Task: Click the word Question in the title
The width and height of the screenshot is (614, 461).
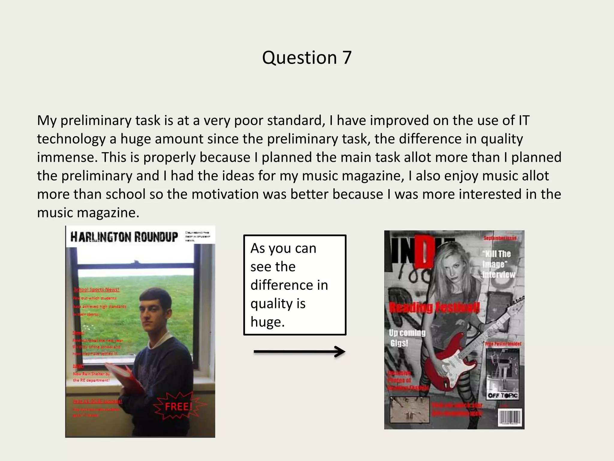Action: (x=299, y=58)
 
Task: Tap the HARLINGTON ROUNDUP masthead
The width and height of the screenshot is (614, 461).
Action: (x=124, y=237)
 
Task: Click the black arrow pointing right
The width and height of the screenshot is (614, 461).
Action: (x=299, y=352)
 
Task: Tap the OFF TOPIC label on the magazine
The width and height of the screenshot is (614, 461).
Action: (x=502, y=395)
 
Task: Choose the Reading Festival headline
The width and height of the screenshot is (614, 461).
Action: (x=434, y=308)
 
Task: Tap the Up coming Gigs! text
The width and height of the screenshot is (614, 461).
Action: (x=407, y=338)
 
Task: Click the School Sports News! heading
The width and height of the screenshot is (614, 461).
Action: (x=97, y=290)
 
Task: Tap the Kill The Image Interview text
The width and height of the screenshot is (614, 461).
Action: (x=498, y=264)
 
